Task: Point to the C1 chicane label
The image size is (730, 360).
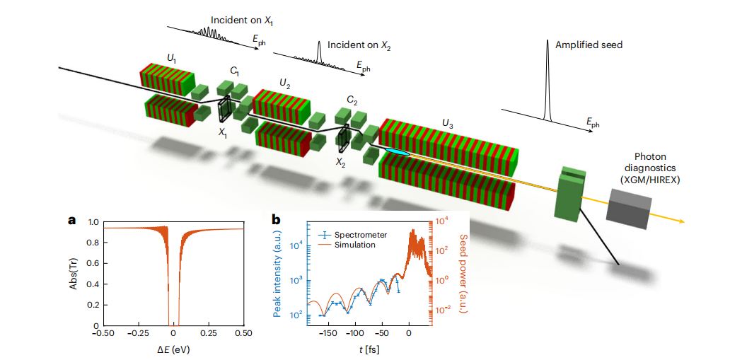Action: click(x=234, y=72)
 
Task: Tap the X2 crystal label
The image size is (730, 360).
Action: click(x=342, y=162)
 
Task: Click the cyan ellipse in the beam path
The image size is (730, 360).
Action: click(x=397, y=152)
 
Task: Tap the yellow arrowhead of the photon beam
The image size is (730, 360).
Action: click(x=681, y=222)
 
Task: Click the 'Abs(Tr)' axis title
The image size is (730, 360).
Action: click(x=74, y=273)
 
